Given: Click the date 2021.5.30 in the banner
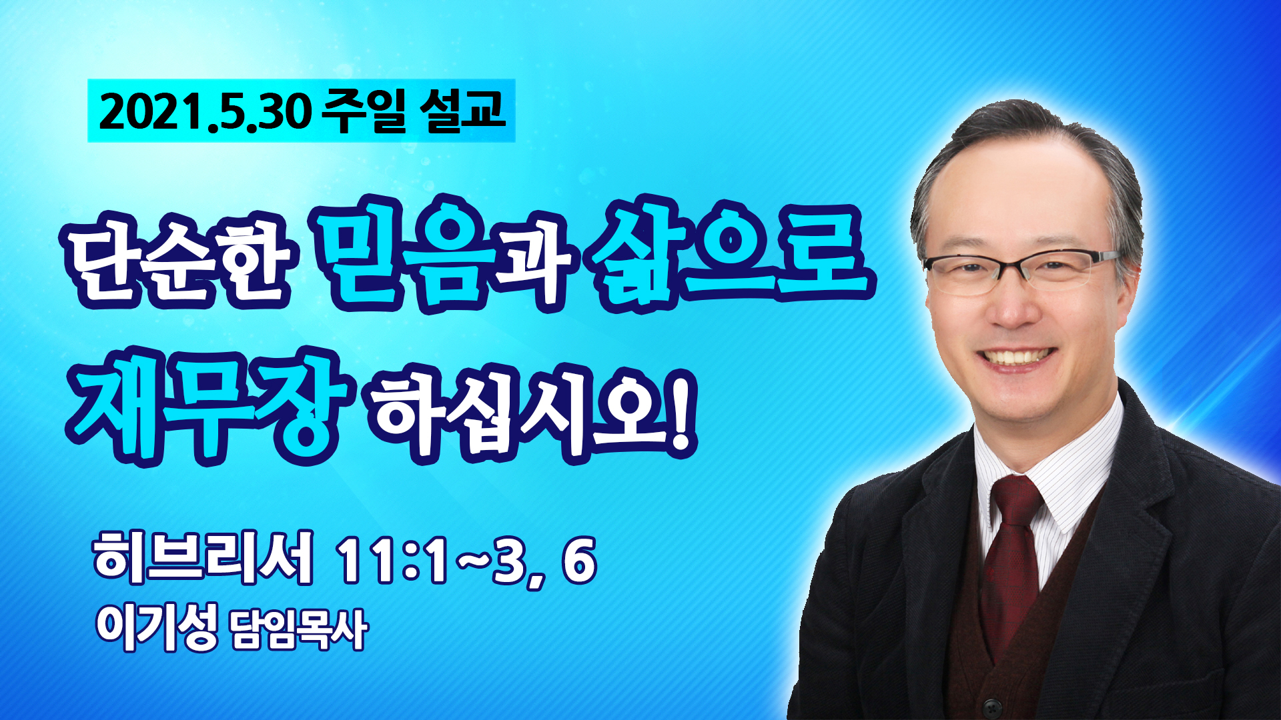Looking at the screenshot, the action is (205, 112).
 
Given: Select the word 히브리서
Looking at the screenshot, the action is (203, 558).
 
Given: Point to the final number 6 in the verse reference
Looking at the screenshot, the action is (578, 560).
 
